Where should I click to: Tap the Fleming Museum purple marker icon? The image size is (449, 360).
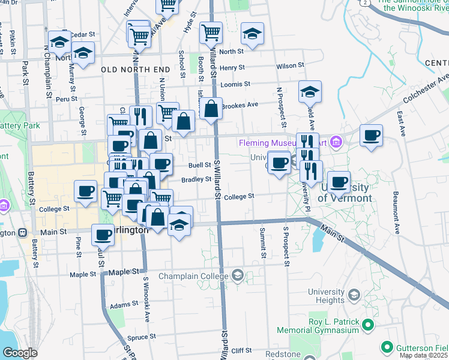[336, 143]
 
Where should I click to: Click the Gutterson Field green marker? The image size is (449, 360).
[387, 347]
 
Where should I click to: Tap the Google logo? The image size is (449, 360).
[19, 353]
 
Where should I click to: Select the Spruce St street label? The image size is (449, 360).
[141, 337]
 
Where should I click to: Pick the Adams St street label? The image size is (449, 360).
[124, 305]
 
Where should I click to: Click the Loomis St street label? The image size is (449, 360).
[235, 85]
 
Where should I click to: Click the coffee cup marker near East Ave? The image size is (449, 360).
[372, 136]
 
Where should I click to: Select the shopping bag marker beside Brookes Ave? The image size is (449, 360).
[211, 110]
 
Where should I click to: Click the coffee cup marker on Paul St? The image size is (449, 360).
[103, 235]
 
